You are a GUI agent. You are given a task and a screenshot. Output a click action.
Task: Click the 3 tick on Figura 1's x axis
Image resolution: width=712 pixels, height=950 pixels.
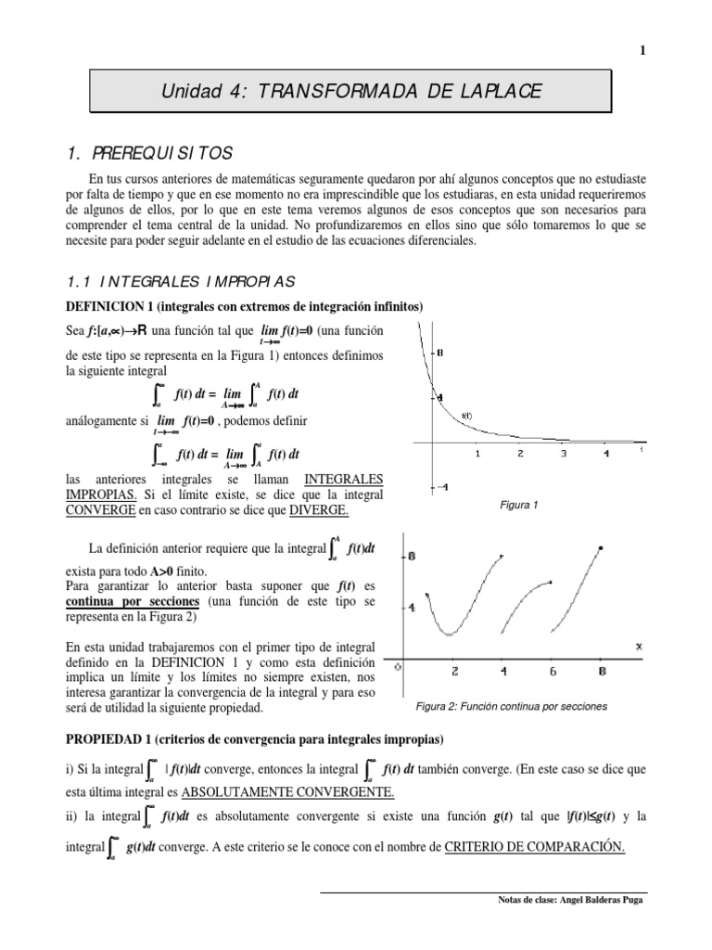[x=563, y=454]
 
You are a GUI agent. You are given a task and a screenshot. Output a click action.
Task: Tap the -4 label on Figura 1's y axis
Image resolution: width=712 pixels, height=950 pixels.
[x=441, y=487]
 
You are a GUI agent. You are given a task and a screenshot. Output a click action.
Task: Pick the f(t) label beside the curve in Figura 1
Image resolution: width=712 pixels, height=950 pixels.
[x=466, y=416]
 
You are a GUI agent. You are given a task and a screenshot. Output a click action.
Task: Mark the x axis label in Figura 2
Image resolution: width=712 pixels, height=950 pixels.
[x=638, y=646]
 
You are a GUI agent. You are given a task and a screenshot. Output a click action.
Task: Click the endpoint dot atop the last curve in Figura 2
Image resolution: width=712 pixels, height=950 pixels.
[x=602, y=548]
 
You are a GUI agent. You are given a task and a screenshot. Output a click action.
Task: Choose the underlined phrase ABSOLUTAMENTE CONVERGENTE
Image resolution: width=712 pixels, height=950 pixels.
[x=287, y=791]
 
